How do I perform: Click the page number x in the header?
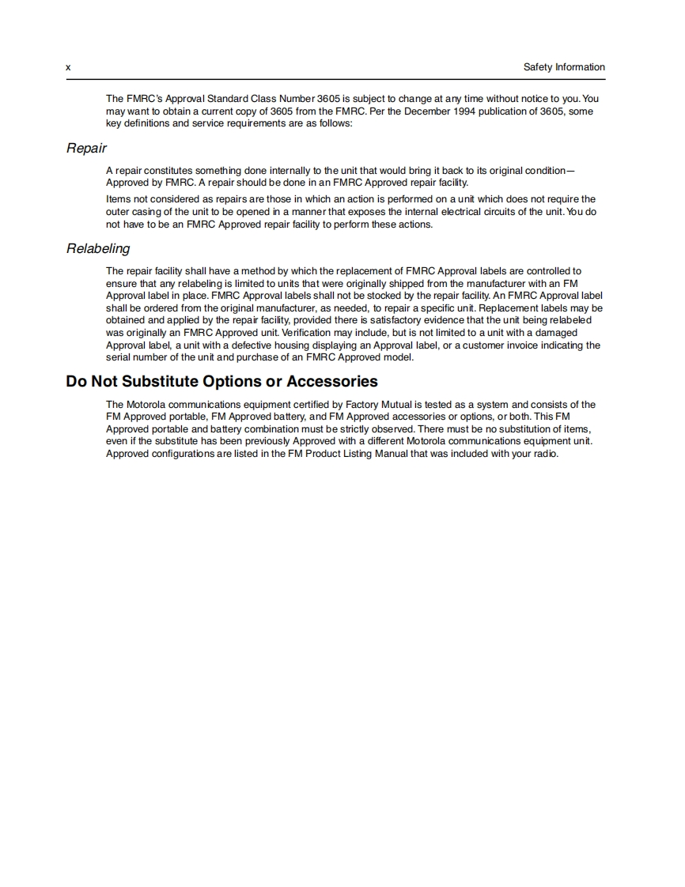68,68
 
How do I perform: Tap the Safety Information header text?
564,67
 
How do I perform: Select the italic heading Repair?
86,148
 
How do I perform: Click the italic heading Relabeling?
98,248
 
